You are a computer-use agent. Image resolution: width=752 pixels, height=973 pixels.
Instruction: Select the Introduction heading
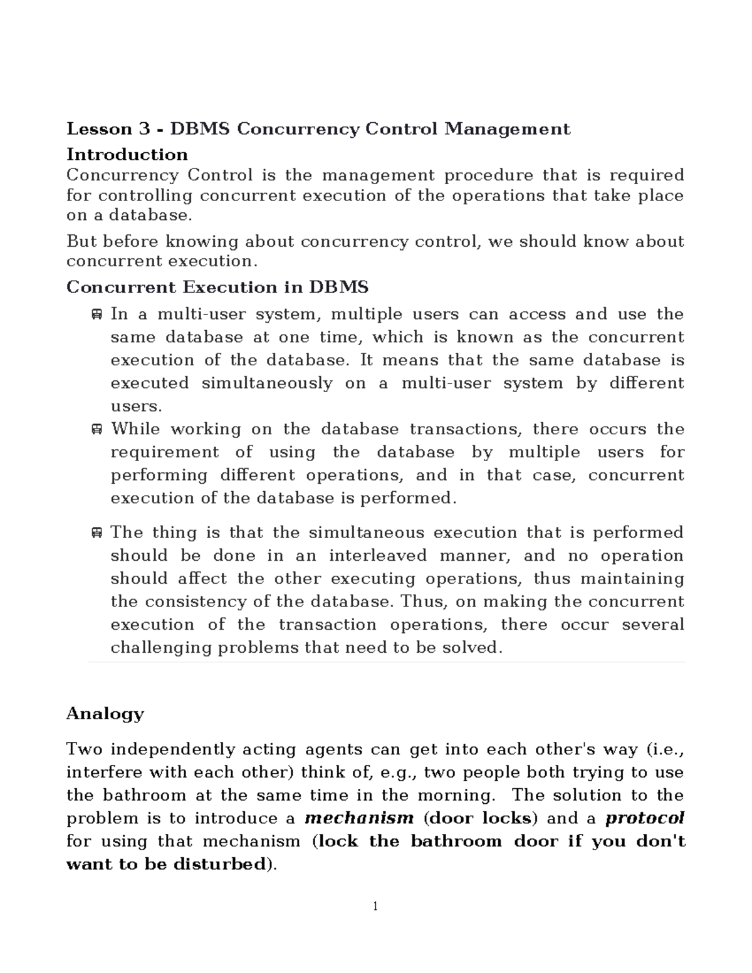(127, 154)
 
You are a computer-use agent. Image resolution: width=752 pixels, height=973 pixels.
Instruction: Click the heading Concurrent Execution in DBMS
(217, 287)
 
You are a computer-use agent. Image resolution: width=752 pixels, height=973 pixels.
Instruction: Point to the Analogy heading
(105, 714)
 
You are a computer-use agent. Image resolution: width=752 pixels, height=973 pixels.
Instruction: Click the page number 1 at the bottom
(375, 906)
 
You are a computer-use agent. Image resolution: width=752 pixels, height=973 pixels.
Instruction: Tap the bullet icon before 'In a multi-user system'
(97, 315)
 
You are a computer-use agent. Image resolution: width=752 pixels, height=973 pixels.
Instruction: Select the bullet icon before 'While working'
(97, 430)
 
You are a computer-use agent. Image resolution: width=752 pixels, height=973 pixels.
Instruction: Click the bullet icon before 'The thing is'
(97, 533)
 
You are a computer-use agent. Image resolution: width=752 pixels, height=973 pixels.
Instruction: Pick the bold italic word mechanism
(359, 818)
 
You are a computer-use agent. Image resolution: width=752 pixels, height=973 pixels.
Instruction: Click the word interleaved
(378, 556)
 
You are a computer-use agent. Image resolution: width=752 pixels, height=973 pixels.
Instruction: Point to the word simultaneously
(267, 383)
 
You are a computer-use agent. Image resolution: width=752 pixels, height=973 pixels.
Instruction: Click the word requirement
(165, 452)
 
